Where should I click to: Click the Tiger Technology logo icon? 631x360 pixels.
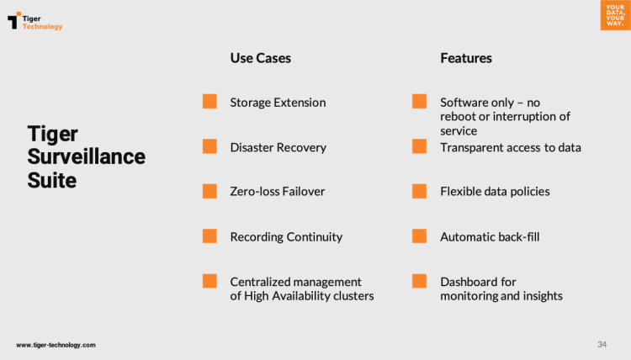(14, 20)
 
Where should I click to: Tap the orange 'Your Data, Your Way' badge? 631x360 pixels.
(615, 15)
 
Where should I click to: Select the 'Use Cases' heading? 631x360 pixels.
(260, 58)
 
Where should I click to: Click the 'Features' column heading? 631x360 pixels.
(465, 58)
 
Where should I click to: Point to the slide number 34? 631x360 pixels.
(602, 344)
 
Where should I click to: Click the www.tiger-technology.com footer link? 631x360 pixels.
(56, 345)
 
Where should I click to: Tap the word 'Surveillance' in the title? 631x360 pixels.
(86, 156)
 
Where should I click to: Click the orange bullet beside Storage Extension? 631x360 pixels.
(209, 102)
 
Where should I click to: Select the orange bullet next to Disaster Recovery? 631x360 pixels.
(209, 146)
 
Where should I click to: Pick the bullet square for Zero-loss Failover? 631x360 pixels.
(209, 192)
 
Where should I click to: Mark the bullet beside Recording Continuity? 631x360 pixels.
(209, 236)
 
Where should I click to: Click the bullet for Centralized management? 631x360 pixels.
(209, 281)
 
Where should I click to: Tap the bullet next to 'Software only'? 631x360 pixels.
(419, 102)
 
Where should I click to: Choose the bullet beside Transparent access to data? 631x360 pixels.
(419, 146)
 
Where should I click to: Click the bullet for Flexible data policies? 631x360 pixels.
(419, 192)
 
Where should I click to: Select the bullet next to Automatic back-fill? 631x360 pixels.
(419, 236)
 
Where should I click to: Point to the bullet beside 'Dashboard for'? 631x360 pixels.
(419, 281)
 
